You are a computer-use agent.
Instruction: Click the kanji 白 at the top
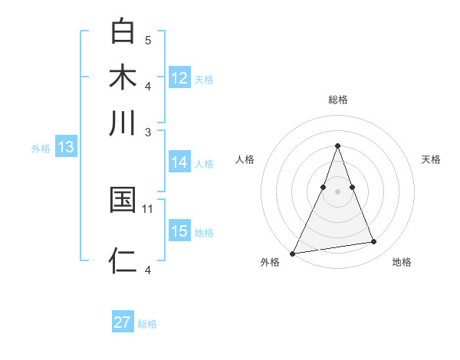tap(123, 32)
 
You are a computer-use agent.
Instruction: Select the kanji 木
tap(123, 78)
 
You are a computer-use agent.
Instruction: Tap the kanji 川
tap(123, 123)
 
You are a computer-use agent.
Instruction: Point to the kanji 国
tap(123, 201)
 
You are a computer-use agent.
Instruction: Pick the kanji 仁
tap(123, 261)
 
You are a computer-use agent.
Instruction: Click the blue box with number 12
tap(179, 78)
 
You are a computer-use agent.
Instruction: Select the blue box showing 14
tap(179, 162)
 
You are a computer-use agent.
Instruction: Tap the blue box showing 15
tap(179, 231)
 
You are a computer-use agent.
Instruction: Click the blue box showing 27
tap(123, 322)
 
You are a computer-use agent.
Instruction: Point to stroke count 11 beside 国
tap(148, 208)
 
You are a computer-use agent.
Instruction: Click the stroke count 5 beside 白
tap(148, 40)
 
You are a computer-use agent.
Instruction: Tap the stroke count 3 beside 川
tap(148, 132)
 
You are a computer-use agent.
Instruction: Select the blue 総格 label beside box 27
tap(147, 324)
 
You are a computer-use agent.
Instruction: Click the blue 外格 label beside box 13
tap(41, 149)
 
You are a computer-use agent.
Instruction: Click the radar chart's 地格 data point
tap(374, 242)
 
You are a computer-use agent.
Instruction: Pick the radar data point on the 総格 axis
tap(337, 146)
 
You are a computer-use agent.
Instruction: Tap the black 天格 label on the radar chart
tap(432, 159)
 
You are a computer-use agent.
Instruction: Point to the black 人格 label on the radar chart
tap(245, 159)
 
